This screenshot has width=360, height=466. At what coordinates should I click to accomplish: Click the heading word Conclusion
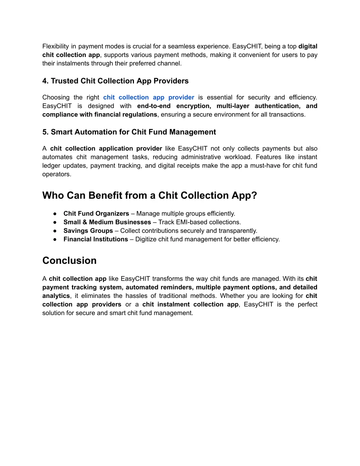point(69,261)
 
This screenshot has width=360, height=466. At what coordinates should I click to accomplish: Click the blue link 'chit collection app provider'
point(148,97)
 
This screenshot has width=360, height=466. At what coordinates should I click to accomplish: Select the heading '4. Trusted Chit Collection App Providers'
point(115,81)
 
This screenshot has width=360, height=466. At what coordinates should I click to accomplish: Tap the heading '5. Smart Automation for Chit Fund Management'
point(129,132)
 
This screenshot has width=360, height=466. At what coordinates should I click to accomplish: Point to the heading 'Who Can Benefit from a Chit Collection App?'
point(149,196)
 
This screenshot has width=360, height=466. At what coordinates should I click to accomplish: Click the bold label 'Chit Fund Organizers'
point(96,213)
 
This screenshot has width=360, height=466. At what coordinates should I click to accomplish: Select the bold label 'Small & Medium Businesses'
point(107,222)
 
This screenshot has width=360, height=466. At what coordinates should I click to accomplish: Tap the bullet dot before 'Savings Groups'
point(55,231)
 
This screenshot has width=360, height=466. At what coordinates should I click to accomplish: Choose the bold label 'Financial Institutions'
point(96,240)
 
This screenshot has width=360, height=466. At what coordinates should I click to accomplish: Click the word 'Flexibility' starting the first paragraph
point(56,46)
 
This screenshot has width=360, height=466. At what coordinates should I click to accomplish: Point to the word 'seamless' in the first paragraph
point(180,46)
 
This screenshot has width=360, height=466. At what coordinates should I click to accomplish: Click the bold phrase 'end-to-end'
point(154,106)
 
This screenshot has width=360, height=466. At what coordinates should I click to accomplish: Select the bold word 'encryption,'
point(193,106)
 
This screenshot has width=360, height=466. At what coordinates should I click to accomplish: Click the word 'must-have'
point(264,166)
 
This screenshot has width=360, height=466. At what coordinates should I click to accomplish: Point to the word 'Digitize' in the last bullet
point(147,240)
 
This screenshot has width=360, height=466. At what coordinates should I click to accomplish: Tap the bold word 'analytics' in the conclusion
point(56,296)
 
